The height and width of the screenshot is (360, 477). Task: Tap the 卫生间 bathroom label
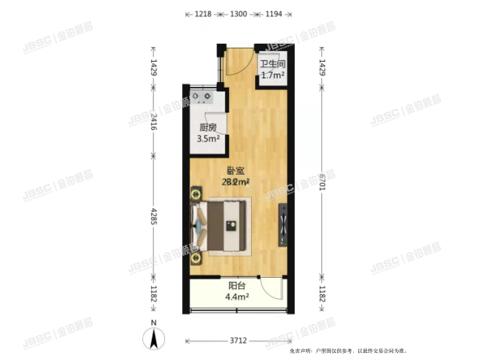(271, 65)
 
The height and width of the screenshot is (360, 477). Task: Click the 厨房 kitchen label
(207, 129)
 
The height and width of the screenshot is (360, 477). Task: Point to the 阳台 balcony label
(236, 286)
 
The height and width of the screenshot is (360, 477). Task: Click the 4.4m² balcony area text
(236, 297)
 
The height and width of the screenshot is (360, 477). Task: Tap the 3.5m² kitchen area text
(207, 140)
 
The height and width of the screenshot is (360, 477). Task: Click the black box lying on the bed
(231, 225)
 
